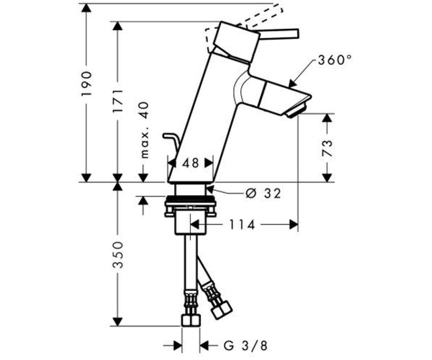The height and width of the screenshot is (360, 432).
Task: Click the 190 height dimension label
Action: (86, 84)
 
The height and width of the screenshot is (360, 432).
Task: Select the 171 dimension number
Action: (118, 101)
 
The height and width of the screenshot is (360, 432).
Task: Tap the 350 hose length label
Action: (117, 254)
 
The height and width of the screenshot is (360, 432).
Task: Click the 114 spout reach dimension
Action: (242, 225)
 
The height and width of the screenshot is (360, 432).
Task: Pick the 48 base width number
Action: (190, 163)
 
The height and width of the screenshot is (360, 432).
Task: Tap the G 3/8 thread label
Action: (246, 345)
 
